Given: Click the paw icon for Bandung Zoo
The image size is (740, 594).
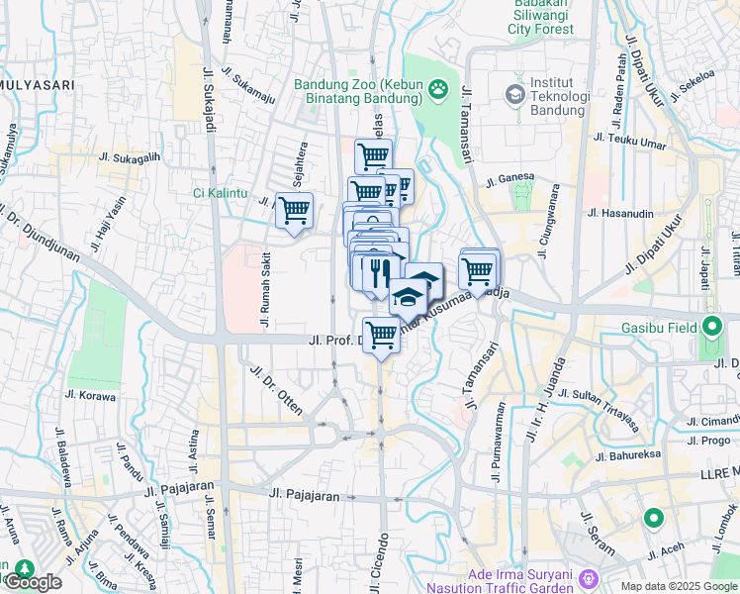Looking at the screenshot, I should (x=437, y=91).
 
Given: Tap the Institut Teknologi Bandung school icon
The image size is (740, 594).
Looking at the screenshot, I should (x=514, y=95).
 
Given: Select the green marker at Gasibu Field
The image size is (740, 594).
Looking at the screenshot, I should (x=713, y=327).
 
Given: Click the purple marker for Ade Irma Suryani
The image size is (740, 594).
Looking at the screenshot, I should (x=589, y=576).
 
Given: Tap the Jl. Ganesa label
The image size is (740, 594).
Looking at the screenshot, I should (x=510, y=179).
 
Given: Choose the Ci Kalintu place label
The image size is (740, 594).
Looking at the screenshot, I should (x=221, y=192).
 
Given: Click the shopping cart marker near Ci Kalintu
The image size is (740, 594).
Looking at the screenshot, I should (x=294, y=210).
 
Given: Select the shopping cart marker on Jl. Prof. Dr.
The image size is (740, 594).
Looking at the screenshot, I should (x=381, y=334).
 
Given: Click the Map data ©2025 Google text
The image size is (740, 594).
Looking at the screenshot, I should (x=679, y=586).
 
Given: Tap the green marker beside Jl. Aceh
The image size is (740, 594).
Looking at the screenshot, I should (x=653, y=518).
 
